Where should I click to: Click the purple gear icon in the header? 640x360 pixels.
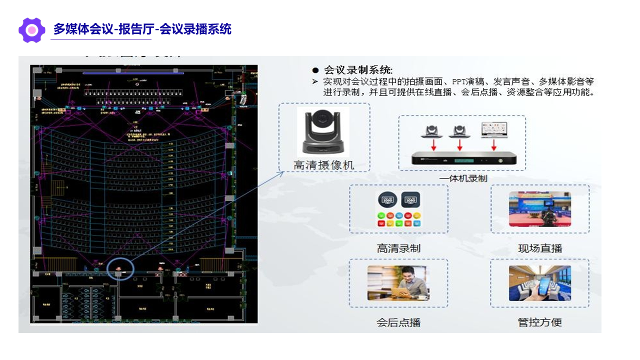pos(31,30)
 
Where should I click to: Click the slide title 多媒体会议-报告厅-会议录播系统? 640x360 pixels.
pos(142,29)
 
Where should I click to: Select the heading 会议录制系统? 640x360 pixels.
pos(358,70)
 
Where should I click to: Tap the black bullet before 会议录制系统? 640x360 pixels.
pos(315,70)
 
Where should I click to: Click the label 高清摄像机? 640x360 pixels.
pos(323,164)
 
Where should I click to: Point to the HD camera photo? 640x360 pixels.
pos(323,131)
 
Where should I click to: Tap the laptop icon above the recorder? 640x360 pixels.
pos(493,129)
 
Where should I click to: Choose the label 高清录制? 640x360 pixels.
pos(398,248)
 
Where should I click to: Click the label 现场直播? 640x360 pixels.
pos(540,248)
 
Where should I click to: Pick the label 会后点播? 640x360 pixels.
pos(398,322)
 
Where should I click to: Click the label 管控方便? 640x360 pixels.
pos(540,322)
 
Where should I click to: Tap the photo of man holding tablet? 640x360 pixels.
pos(398,283)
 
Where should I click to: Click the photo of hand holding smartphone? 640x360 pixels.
pos(539,283)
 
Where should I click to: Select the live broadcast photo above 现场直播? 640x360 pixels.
pos(539,209)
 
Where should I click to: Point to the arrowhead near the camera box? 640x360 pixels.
pos(281,173)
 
